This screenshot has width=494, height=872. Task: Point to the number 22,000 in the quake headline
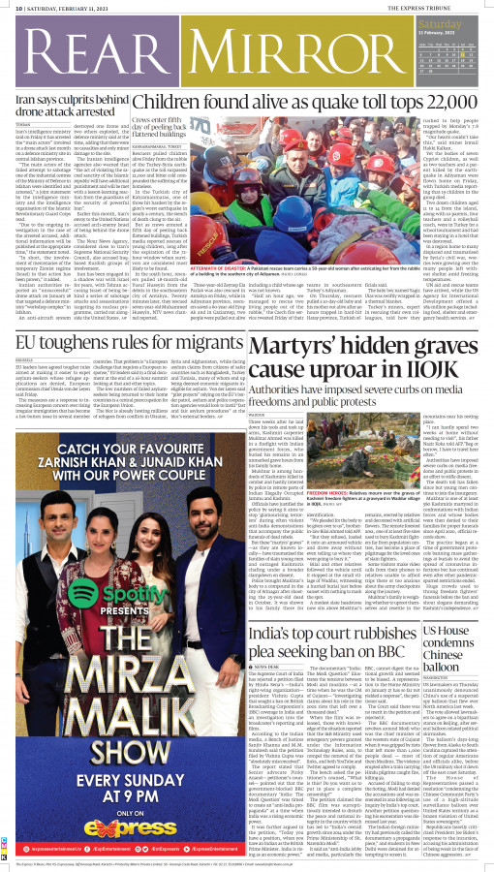pos(449,101)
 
